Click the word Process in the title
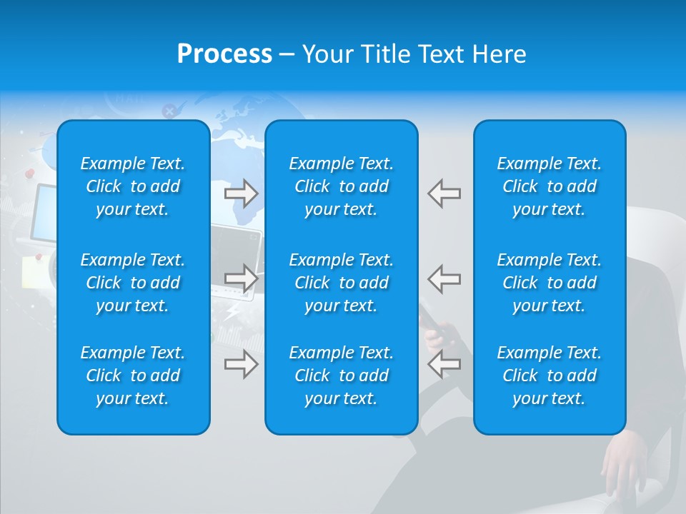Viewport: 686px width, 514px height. tap(224, 54)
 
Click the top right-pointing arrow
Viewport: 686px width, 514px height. tap(242, 193)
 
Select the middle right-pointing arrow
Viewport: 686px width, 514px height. tap(242, 278)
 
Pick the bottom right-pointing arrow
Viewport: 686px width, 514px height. tap(242, 364)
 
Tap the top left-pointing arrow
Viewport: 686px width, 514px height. tap(444, 193)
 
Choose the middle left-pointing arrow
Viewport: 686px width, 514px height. tap(444, 278)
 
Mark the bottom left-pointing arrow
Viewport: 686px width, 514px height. tap(444, 364)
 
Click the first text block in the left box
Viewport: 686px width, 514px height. tap(133, 186)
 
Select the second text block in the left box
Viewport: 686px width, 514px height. tap(133, 283)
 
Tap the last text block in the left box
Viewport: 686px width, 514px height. tap(133, 376)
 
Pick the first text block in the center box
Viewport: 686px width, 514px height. tap(342, 186)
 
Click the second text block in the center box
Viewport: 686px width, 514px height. tap(342, 283)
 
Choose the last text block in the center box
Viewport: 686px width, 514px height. tap(342, 376)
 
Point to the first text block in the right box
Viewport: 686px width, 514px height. tap(550, 186)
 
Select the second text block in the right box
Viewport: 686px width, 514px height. tap(550, 283)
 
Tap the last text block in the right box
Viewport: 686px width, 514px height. tap(550, 376)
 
